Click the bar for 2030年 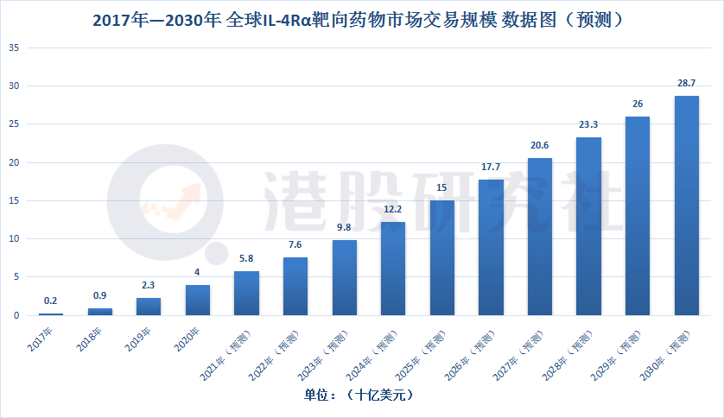687,206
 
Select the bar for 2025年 442,257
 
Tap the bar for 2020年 197,300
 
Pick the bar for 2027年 540,237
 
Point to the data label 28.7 687,84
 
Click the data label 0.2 50,301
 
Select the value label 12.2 393,210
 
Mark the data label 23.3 588,124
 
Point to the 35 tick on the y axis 14,47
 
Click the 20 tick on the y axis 14,162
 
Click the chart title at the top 361,18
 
